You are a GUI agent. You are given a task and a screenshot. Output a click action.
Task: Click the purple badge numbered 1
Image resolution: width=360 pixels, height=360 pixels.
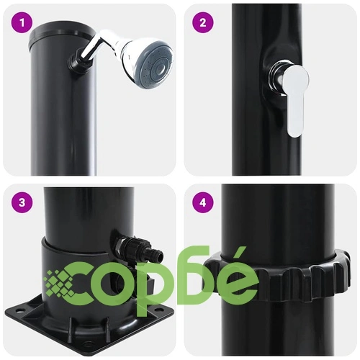click(22, 23)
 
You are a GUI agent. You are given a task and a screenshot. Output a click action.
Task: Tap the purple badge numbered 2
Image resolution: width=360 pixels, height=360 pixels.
click(203, 23)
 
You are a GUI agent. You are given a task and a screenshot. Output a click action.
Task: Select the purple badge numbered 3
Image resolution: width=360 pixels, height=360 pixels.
click(22, 203)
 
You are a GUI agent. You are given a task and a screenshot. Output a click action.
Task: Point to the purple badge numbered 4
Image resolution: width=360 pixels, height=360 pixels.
click(203, 203)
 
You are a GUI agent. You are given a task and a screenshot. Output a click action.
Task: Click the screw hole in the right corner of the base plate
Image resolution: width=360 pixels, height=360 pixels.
click(158, 310)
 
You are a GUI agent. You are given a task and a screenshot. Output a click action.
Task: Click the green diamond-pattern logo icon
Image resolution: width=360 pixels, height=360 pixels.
click(60, 283)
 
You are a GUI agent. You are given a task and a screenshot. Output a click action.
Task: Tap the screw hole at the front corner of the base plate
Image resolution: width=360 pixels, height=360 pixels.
click(87, 344)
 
